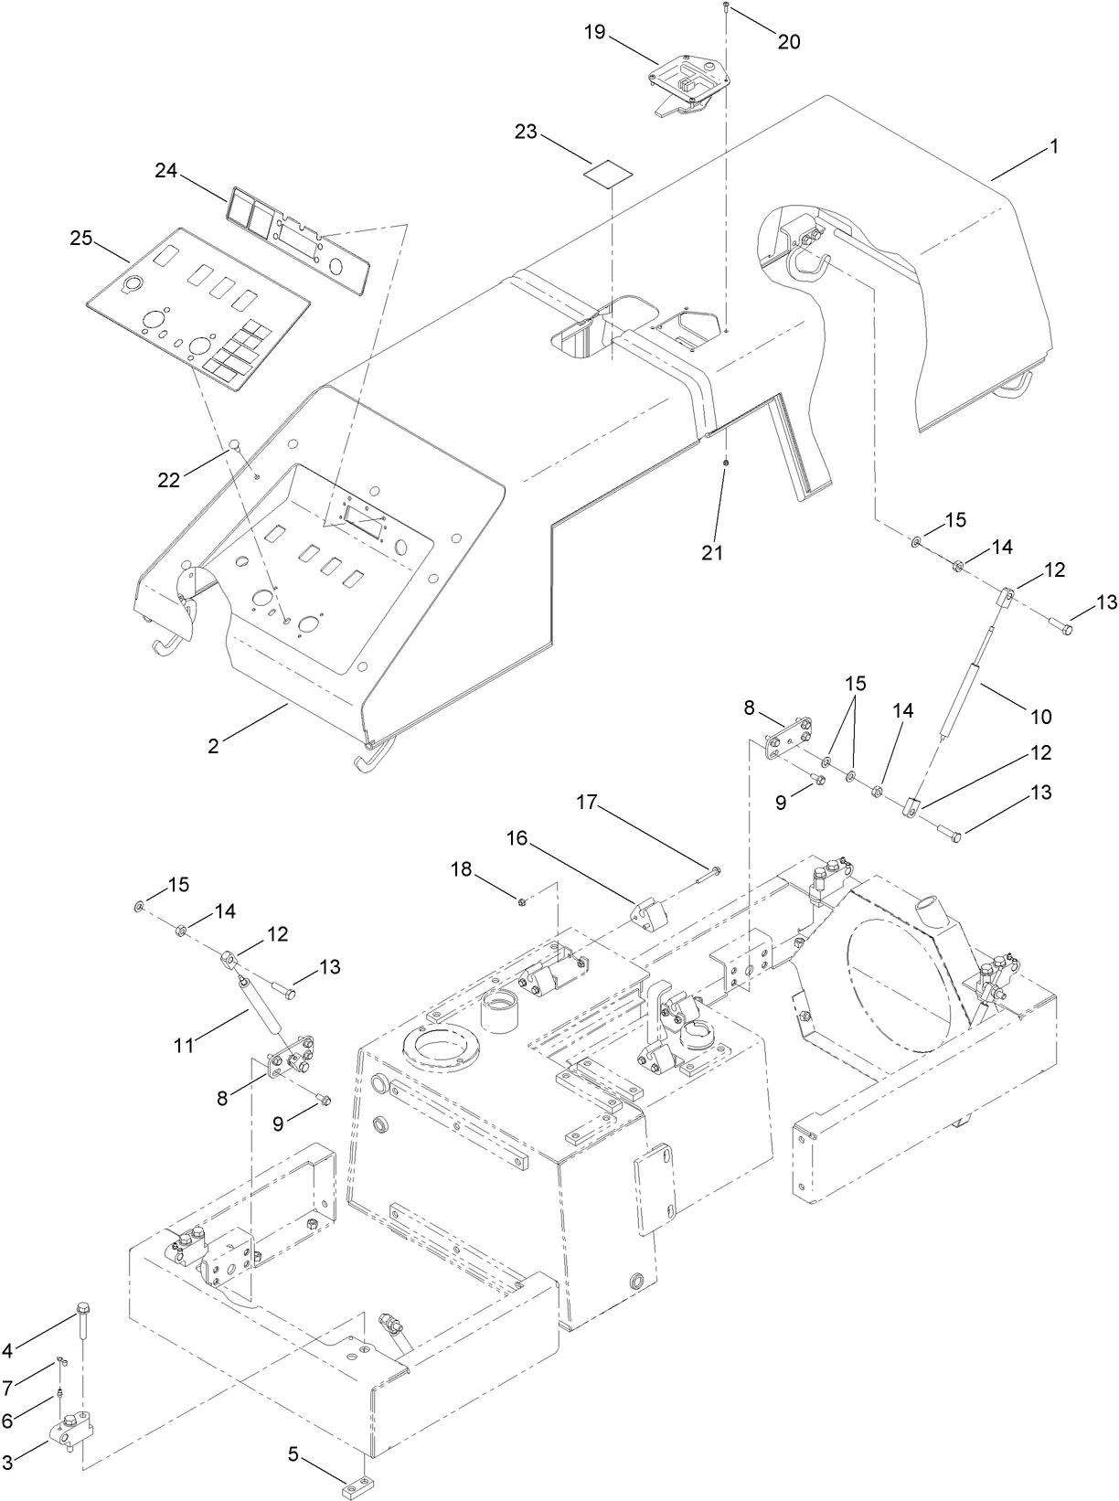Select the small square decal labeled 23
pos(611,173)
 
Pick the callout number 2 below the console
pos(213,746)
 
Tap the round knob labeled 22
pos(234,445)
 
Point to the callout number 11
pos(185,1045)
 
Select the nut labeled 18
pos(520,902)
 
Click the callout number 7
pos(7,1389)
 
